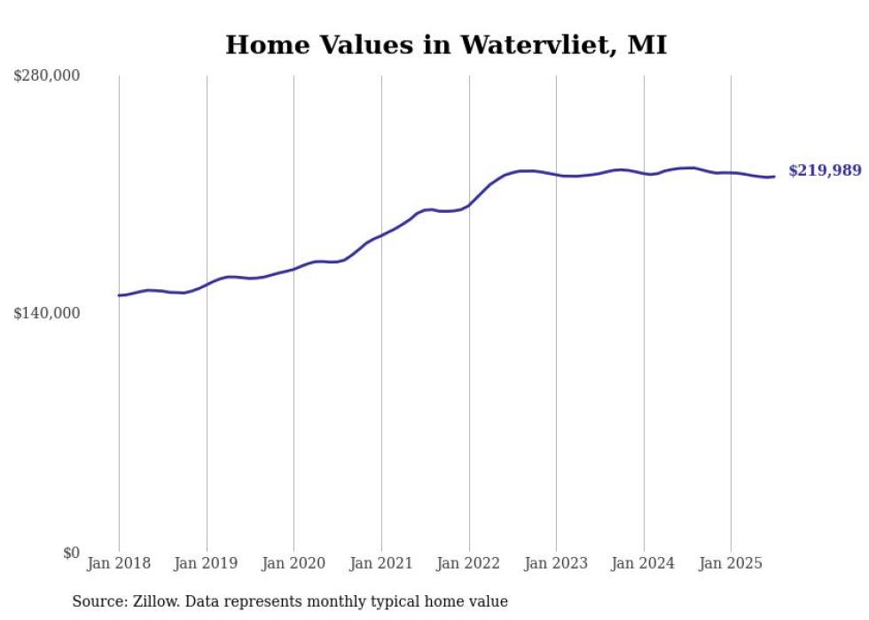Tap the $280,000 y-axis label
[47, 76]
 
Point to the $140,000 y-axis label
[47, 313]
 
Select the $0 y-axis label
[71, 553]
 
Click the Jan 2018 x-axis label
[119, 563]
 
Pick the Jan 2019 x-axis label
[207, 563]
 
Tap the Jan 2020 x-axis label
[294, 563]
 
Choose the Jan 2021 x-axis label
[381, 563]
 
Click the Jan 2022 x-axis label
[469, 563]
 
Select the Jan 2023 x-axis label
[556, 563]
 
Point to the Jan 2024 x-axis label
[644, 563]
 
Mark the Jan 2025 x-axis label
[731, 563]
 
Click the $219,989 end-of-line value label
[825, 171]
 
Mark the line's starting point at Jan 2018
[119, 295]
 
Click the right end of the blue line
[774, 177]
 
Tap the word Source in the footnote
[97, 602]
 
